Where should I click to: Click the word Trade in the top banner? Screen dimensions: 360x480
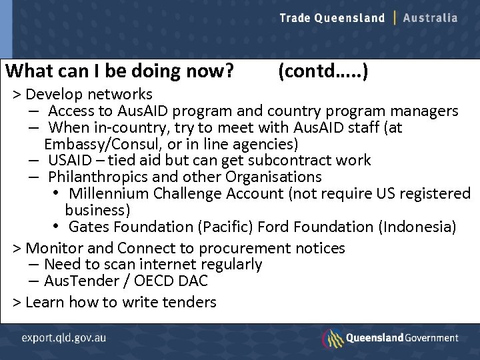295,18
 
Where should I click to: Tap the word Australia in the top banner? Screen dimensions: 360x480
431,18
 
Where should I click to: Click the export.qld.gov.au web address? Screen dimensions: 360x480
63,337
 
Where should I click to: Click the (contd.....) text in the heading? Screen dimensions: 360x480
322,71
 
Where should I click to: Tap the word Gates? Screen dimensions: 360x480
87,227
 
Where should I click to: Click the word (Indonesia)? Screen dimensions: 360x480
417,227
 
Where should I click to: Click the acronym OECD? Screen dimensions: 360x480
159,281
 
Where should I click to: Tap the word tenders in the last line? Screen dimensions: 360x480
188,302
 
